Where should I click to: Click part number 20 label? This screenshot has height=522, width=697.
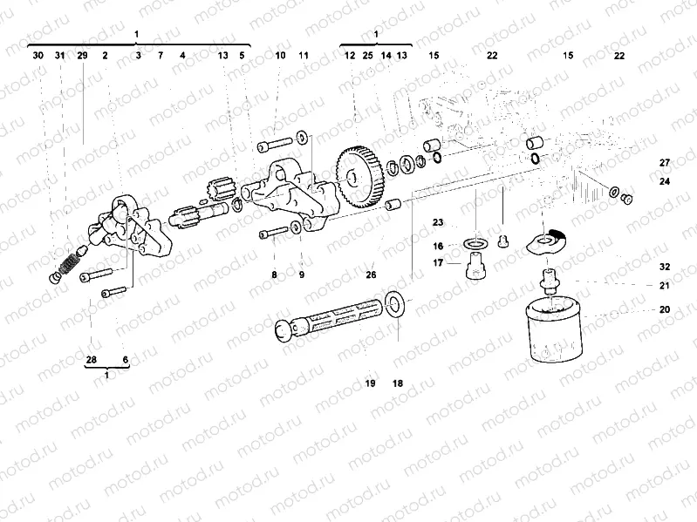665,309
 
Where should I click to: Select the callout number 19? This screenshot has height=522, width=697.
370,383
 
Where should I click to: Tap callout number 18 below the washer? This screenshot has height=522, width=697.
397,383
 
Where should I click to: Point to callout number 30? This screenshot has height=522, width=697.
38,55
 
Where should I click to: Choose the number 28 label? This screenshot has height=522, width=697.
92,360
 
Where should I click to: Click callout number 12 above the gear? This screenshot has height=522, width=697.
349,55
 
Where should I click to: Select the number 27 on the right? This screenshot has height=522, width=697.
665,163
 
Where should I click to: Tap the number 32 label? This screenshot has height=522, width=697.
665,267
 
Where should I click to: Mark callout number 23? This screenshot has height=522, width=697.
438,223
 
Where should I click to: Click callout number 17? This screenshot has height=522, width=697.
438,262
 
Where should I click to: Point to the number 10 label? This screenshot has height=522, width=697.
280,55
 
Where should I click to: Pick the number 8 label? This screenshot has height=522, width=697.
274,275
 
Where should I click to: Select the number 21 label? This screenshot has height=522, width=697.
665,286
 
